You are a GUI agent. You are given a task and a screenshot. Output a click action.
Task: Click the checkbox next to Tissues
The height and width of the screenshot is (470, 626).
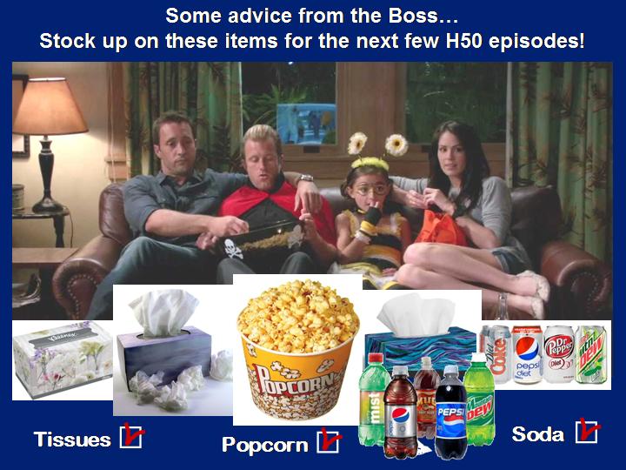point(131,437)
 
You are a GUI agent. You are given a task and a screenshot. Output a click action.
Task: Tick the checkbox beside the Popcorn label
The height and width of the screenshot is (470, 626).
point(328,441)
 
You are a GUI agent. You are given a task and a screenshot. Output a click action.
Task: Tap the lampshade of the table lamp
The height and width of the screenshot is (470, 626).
point(49,106)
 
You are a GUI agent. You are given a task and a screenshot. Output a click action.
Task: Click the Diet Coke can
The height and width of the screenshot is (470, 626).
point(496,354)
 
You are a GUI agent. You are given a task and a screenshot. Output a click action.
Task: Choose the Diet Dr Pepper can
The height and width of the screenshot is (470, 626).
point(559,354)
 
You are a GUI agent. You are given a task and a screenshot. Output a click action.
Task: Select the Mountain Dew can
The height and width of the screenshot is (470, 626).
point(591,354)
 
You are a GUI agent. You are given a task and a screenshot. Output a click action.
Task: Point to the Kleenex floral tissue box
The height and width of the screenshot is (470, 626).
point(63,359)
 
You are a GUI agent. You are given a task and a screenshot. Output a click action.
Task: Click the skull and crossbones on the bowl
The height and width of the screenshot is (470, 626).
point(233,249)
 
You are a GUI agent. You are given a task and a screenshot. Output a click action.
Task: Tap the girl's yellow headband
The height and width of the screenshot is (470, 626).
point(370,163)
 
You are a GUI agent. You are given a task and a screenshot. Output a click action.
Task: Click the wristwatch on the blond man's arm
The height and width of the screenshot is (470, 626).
point(305,178)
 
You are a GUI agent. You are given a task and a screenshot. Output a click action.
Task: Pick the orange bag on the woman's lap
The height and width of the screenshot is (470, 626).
point(440,228)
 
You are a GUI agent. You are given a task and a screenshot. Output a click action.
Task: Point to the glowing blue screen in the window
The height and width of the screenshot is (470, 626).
point(306,124)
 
